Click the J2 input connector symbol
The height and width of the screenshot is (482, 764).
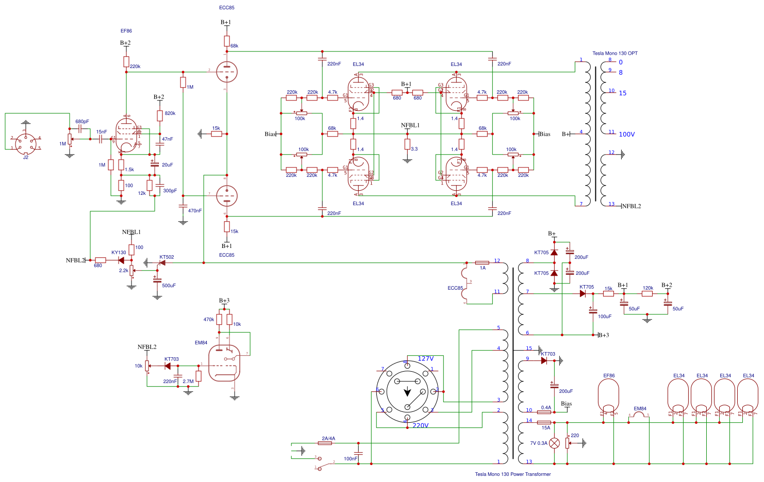pyautogui.click(x=25, y=143)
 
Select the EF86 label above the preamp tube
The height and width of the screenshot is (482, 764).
pyautogui.click(x=126, y=31)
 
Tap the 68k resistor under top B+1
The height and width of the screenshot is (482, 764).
pyautogui.click(x=227, y=41)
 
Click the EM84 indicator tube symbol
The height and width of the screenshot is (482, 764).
pyautogui.click(x=225, y=363)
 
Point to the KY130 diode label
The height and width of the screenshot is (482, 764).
pyautogui.click(x=119, y=253)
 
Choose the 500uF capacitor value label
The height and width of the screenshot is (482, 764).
pyautogui.click(x=169, y=286)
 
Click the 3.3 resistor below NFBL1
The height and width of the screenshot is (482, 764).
pyautogui.click(x=407, y=144)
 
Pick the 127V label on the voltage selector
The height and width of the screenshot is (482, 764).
pyautogui.click(x=426, y=358)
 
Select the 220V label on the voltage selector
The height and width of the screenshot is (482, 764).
pyautogui.click(x=420, y=426)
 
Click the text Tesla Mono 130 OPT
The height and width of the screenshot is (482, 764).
pyautogui.click(x=614, y=53)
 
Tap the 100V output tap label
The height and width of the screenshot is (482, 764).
pyautogui.click(x=626, y=135)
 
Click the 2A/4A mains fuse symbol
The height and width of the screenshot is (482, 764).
pyautogui.click(x=325, y=443)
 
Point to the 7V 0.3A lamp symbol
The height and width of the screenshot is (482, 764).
pyautogui.click(x=554, y=443)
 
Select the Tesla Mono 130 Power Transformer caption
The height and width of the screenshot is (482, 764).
pyautogui.click(x=512, y=474)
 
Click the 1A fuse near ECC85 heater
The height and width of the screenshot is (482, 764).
pyautogui.click(x=482, y=263)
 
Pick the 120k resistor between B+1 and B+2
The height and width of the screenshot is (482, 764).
pyautogui.click(x=647, y=294)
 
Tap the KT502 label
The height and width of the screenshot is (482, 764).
pyautogui.click(x=167, y=257)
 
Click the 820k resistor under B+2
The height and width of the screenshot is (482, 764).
pyautogui.click(x=160, y=115)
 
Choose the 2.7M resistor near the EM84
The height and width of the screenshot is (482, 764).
pyautogui.click(x=198, y=376)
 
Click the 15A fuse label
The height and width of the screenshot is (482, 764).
pyautogui.click(x=545, y=428)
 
